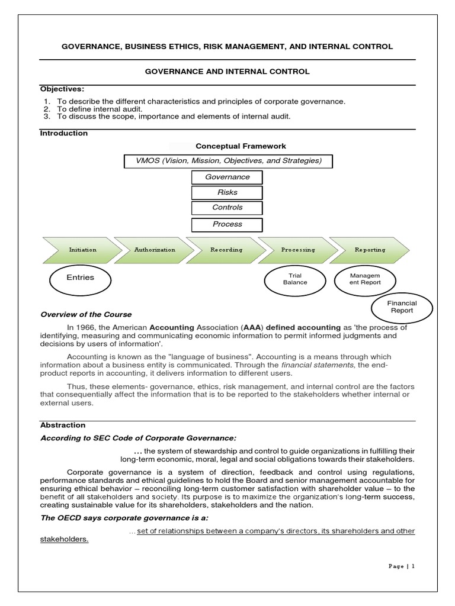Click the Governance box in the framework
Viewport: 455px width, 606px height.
(x=227, y=177)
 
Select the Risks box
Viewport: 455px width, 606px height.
(x=227, y=192)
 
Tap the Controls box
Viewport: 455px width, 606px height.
(x=227, y=208)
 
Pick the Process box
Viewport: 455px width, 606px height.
(x=227, y=224)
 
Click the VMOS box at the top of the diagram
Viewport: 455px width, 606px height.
(x=227, y=161)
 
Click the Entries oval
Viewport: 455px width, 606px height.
(x=80, y=278)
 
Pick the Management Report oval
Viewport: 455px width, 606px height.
(x=365, y=279)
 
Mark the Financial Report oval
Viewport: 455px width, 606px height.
(x=402, y=307)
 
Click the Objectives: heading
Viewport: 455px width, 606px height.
(x=59, y=89)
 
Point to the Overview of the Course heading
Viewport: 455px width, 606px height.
(x=86, y=315)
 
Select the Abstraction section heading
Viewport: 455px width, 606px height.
(x=63, y=425)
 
